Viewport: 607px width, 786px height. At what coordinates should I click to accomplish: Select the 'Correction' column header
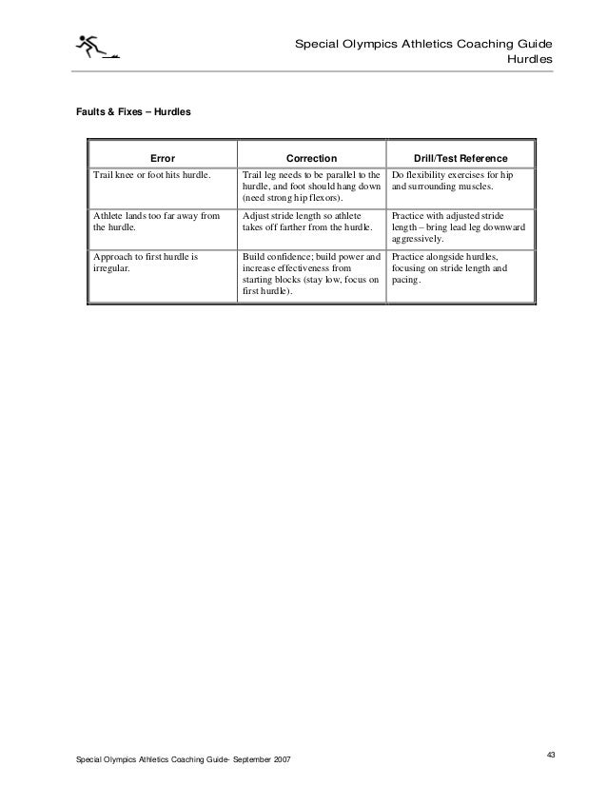[312, 157]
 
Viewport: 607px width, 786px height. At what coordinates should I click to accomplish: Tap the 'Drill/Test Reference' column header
[460, 157]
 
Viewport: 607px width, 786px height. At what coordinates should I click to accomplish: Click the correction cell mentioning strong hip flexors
[311, 187]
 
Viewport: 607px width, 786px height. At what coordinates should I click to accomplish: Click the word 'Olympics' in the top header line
[364, 44]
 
